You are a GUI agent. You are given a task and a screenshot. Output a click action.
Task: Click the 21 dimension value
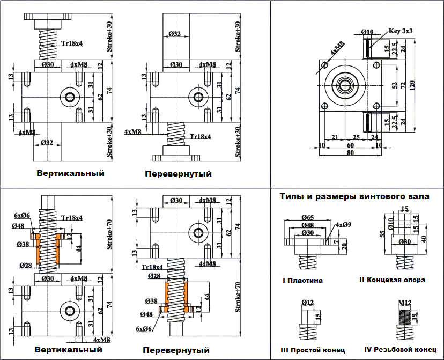(x=335, y=137)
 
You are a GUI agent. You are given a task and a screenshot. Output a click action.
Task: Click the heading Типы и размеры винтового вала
(x=354, y=196)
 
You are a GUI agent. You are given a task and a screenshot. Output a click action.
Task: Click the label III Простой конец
(x=313, y=350)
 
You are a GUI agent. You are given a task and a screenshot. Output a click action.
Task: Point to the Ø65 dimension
(x=307, y=218)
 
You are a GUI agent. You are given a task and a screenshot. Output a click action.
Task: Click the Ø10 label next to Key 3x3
(x=367, y=32)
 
